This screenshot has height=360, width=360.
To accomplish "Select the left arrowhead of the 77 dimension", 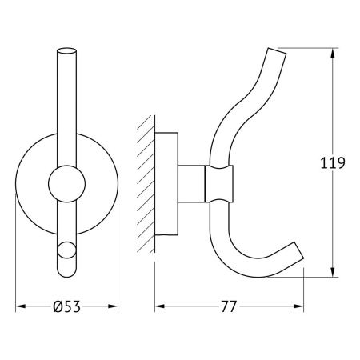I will [x=158, y=306].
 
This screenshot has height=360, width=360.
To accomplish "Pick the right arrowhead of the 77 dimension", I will [x=302, y=306].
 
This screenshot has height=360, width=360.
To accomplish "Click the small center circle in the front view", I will [x=65, y=186].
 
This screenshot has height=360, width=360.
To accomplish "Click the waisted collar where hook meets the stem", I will [x=222, y=185].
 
